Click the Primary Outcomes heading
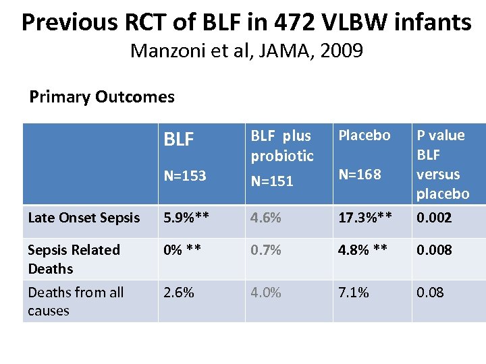click(x=102, y=97)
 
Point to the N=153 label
click(x=185, y=175)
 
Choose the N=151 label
click(x=272, y=180)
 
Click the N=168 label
click(x=360, y=175)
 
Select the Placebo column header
click(x=364, y=135)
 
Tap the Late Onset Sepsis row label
click(x=84, y=217)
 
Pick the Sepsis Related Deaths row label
click(x=74, y=259)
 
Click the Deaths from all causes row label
click(x=76, y=301)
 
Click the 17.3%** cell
click(x=365, y=217)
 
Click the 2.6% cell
click(x=180, y=292)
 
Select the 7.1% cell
click(x=354, y=292)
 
